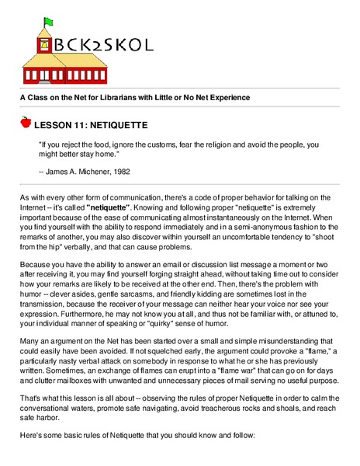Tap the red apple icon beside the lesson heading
26,123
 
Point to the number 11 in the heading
76,124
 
